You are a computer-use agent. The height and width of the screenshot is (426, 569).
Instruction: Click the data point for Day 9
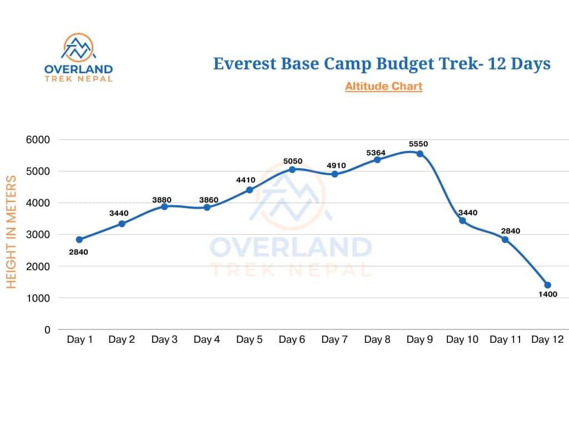click(x=420, y=154)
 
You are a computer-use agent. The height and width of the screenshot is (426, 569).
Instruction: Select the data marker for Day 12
click(x=547, y=285)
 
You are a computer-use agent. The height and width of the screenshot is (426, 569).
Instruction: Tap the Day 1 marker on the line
click(x=79, y=240)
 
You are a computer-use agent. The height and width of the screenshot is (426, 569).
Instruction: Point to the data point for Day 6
click(x=292, y=169)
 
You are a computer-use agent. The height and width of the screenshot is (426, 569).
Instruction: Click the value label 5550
click(x=418, y=144)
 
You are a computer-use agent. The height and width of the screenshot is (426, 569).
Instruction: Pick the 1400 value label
click(x=547, y=295)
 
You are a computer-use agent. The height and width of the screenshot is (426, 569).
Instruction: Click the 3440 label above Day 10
click(x=468, y=212)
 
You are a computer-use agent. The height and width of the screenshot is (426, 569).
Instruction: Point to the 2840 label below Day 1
click(x=78, y=252)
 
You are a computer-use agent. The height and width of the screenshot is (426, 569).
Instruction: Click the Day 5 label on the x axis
click(x=249, y=339)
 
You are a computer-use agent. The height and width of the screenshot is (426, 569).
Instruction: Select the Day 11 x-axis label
click(x=505, y=339)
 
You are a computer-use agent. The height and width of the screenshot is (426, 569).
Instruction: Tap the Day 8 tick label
click(x=377, y=339)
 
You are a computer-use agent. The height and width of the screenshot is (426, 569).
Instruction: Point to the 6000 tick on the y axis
click(x=39, y=140)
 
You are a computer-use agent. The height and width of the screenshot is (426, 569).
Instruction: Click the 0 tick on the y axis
click(x=47, y=329)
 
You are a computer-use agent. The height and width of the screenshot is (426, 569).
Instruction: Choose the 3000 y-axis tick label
click(x=39, y=235)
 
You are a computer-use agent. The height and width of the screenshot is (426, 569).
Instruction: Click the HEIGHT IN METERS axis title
click(x=11, y=231)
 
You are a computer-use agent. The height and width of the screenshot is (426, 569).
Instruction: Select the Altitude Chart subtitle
click(x=383, y=86)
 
